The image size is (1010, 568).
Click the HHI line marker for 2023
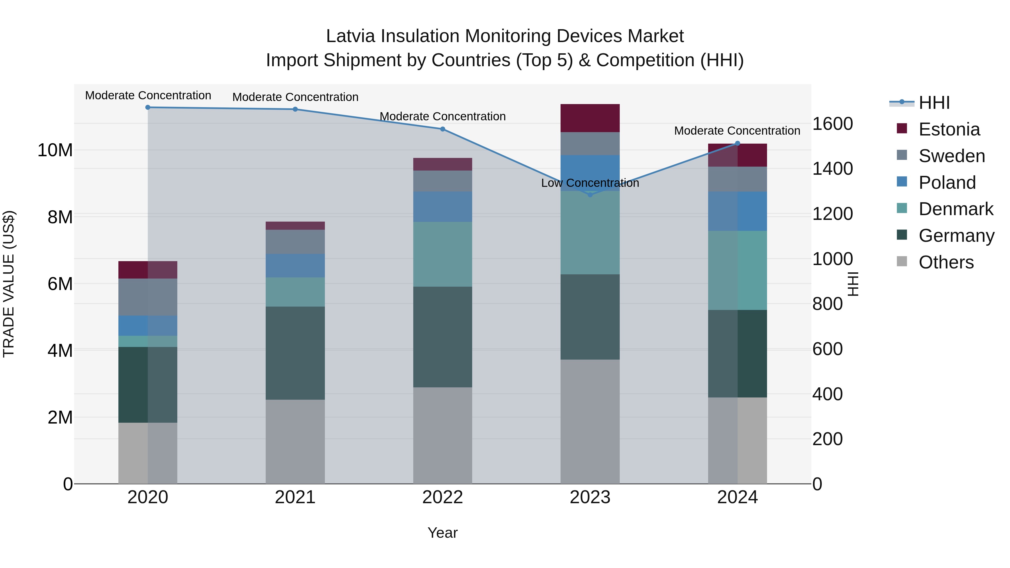[590, 194]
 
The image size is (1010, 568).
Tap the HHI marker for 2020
[148, 107]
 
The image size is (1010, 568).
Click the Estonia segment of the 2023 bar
[590, 118]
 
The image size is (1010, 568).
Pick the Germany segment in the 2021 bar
[295, 353]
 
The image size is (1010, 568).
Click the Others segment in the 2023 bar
[590, 421]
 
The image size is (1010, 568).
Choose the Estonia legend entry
[949, 129]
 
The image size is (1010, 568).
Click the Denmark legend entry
[956, 209]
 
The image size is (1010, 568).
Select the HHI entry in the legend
[934, 103]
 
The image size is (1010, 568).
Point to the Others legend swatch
[902, 261]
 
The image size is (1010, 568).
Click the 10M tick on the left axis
[55, 150]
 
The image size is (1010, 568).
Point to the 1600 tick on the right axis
[832, 124]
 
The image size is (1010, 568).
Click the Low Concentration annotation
[590, 183]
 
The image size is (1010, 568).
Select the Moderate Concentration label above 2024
[737, 130]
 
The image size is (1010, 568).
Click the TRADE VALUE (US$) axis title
[9, 284]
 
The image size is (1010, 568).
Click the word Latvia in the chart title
[351, 36]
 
